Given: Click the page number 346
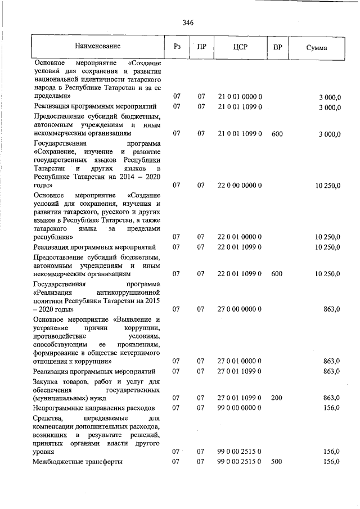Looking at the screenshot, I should click(188, 23).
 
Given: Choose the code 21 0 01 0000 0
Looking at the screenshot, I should click(240, 97).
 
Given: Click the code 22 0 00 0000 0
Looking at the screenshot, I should click(240, 184).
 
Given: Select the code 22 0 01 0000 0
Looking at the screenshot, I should click(240, 237).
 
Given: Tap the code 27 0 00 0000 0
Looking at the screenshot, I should click(240, 309).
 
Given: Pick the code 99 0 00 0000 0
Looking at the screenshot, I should click(240, 407).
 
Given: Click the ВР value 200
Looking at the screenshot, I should click(276, 398).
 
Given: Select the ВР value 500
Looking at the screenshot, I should click(276, 462).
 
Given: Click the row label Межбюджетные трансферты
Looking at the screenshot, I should click(78, 462).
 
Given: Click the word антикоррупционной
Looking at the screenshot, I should click(129, 292).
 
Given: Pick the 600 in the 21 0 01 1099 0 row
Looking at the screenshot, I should click(276, 134).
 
